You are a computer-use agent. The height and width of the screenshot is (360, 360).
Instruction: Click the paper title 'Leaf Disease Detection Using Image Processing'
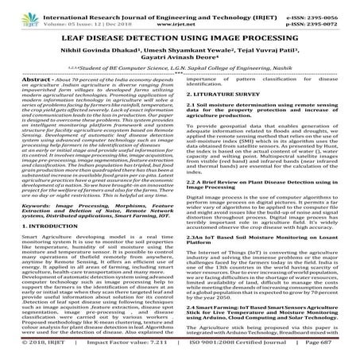tap(180, 38)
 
